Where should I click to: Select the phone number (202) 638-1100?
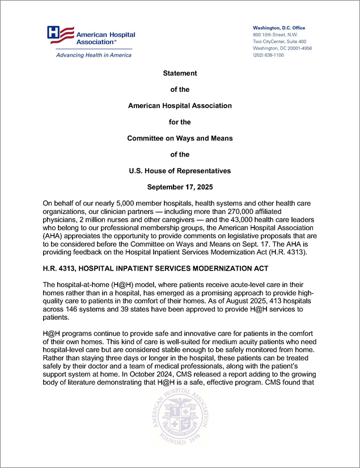(268, 55)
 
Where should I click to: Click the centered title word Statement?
(180, 74)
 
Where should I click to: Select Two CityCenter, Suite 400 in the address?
(279, 41)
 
